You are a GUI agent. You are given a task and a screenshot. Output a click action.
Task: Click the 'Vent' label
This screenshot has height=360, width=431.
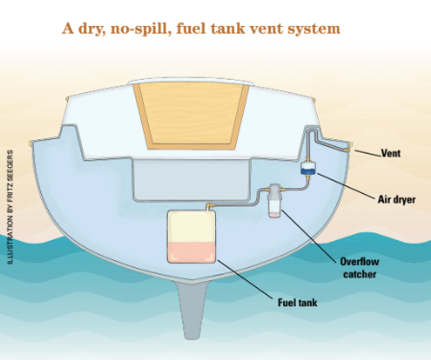(391, 152)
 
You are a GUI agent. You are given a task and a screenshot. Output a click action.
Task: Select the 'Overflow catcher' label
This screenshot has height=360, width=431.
(360, 267)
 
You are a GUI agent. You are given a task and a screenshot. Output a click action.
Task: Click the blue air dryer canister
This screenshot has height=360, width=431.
(308, 169)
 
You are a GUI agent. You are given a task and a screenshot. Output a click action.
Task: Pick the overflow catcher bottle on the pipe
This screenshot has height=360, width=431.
(275, 201)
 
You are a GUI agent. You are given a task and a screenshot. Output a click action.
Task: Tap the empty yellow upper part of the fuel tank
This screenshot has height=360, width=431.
(192, 225)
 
